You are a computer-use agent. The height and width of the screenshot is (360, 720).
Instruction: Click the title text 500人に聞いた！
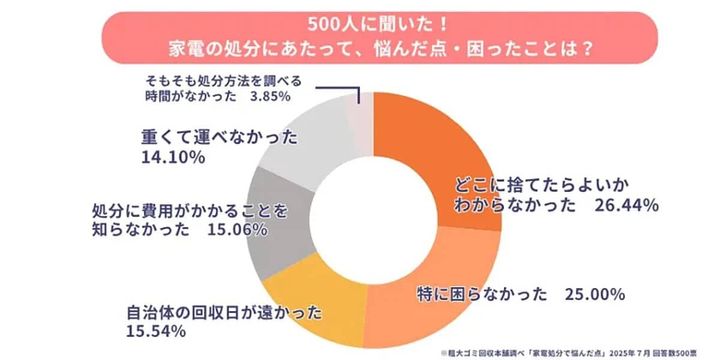[360, 22]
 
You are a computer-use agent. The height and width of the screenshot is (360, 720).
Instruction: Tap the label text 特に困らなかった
[481, 294]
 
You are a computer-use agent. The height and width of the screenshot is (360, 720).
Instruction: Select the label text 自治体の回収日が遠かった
[220, 311]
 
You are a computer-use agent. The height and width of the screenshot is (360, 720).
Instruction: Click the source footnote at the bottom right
[566, 353]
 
